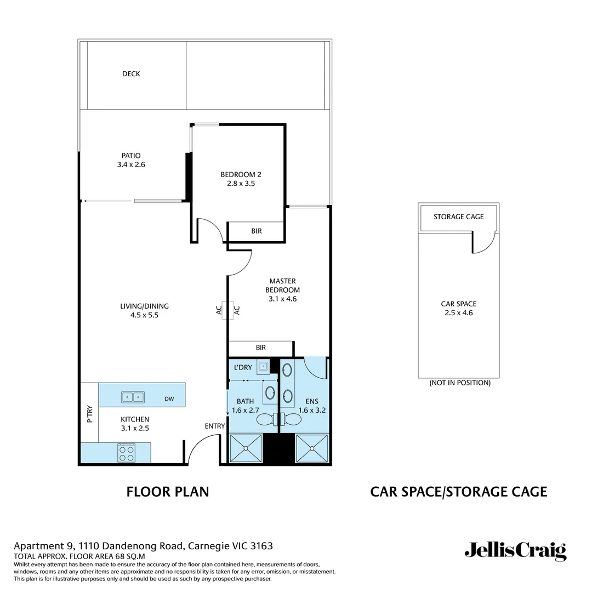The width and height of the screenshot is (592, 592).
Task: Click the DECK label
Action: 131,74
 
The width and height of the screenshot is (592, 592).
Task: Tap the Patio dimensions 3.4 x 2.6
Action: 131,164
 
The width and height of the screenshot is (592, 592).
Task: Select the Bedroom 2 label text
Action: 237,175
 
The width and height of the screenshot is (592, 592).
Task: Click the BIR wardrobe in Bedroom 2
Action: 256,231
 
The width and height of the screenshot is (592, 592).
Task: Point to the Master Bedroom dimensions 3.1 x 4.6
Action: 282,299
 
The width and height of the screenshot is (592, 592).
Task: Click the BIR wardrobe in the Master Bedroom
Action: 260,348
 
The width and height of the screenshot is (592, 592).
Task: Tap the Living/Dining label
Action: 144,306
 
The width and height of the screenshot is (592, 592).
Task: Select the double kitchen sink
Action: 133,396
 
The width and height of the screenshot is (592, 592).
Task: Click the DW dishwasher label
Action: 169,399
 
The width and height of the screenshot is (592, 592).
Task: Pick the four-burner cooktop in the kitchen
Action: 126,453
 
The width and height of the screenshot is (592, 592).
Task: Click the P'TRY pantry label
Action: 90,414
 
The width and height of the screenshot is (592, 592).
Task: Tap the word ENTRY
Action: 215,426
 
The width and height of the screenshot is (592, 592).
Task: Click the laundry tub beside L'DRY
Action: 264,366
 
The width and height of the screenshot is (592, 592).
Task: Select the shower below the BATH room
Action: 246,448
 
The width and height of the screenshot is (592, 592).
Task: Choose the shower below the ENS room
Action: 312,448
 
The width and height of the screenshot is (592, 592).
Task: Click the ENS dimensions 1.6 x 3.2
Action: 312,410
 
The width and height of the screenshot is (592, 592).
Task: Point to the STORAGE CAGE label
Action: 458,217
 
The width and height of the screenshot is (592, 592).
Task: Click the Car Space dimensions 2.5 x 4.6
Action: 458,313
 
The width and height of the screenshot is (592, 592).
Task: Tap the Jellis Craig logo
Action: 515,550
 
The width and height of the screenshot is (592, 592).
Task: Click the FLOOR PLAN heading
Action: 168,492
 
